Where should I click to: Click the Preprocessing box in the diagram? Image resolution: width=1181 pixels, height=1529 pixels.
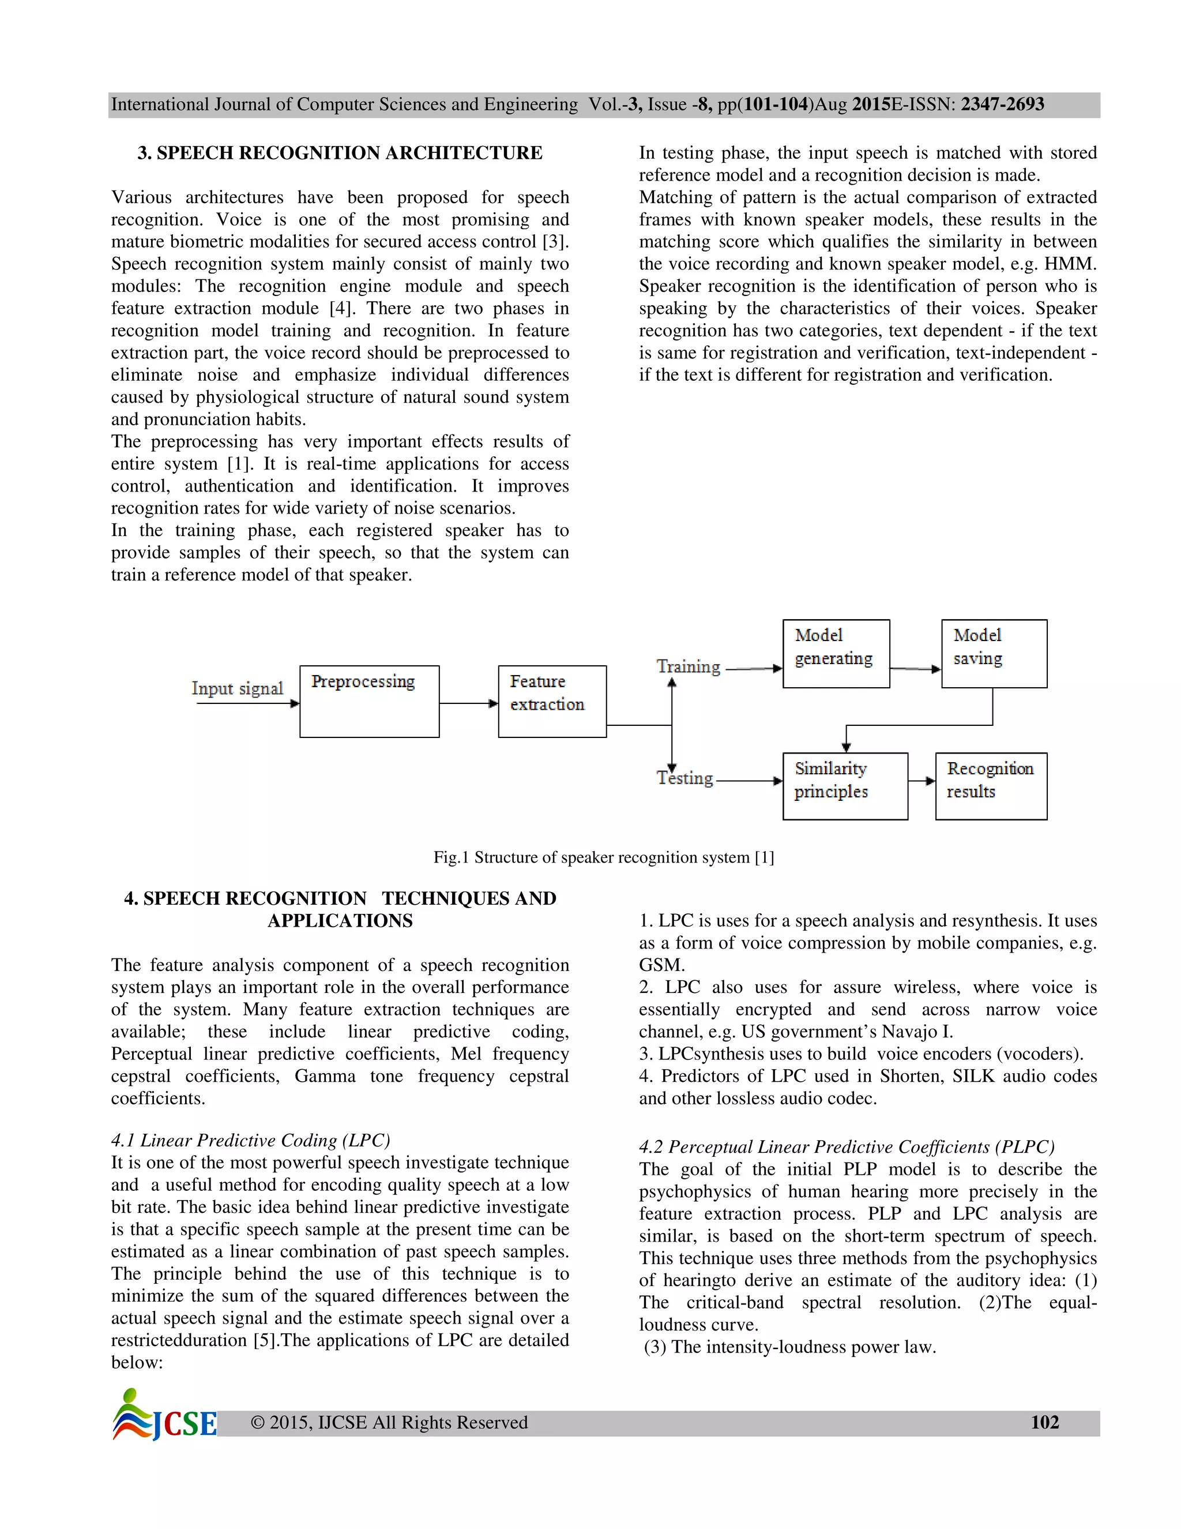370,701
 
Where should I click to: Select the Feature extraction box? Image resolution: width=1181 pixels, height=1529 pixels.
552,701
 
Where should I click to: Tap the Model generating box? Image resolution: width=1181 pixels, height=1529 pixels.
836,653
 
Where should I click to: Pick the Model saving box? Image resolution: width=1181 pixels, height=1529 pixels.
994,653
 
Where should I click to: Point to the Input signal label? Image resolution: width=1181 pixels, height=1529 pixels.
238,688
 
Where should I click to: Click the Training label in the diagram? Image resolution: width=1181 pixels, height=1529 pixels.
689,666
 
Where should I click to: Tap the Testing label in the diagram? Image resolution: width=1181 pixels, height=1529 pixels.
685,778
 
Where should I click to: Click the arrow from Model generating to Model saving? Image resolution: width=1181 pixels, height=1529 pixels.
915,669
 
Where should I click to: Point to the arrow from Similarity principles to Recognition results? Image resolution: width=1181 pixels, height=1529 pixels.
922,781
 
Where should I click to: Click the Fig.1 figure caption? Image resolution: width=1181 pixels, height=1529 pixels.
603,857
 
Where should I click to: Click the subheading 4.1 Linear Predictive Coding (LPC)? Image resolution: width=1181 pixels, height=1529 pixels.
250,1141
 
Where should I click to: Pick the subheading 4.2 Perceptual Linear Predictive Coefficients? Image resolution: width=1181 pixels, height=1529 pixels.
846,1147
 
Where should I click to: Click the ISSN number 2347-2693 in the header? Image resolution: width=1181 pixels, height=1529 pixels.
1002,104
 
